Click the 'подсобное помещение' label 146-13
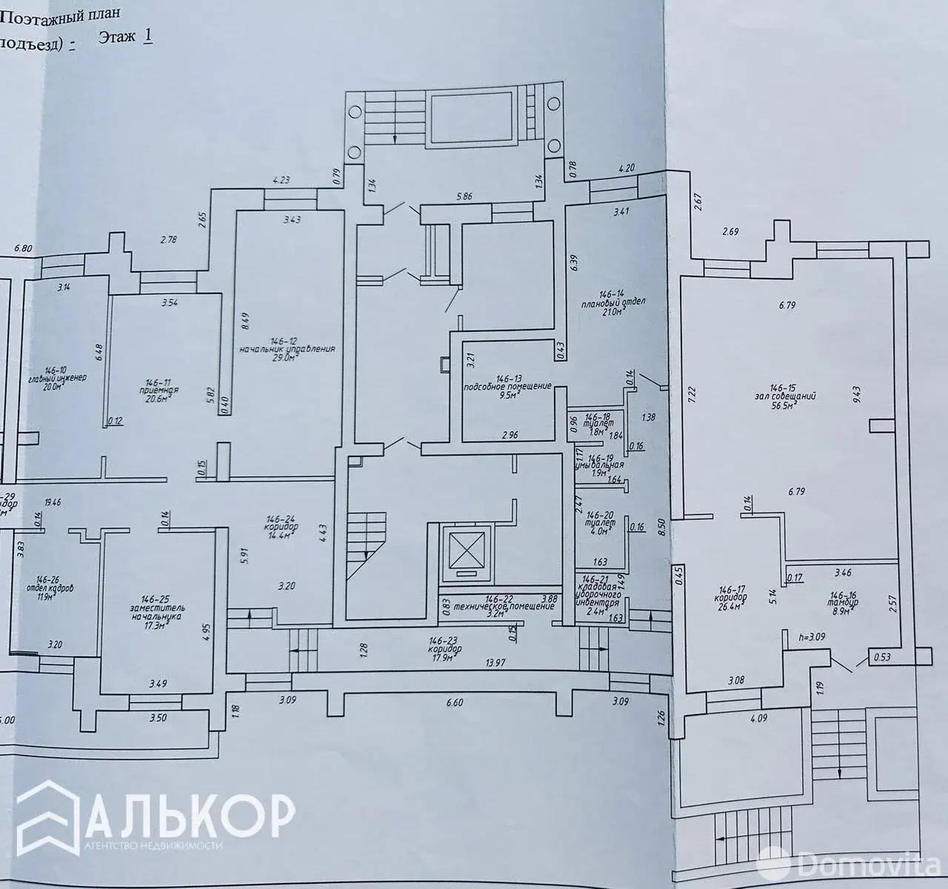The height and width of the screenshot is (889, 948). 508,386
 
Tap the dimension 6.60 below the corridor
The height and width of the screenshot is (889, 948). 455,702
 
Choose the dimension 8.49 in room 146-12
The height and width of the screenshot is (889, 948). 247,322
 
